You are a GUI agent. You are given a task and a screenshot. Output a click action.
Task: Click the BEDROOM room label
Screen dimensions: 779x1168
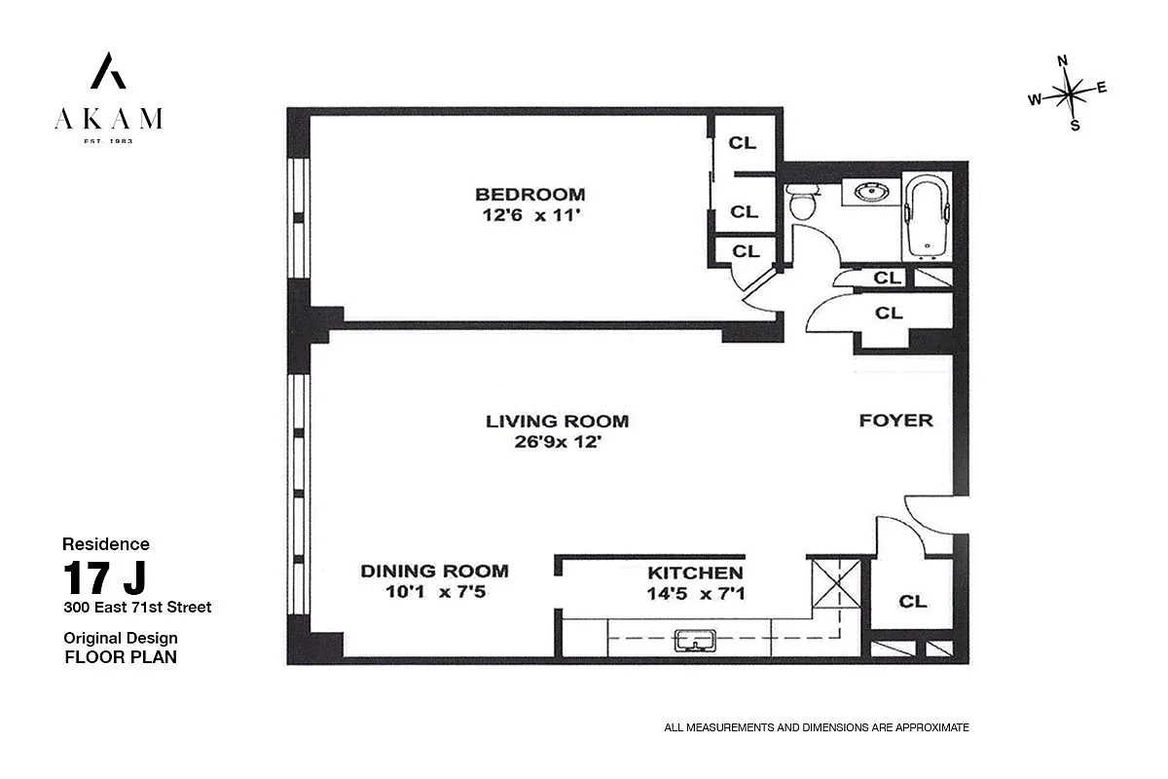pos(530,194)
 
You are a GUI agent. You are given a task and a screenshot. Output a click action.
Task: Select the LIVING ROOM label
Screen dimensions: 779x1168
pos(557,421)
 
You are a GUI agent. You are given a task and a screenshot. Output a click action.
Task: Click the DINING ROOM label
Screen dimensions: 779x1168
pos(434,571)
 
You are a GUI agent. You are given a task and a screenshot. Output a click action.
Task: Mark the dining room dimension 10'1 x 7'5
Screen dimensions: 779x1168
pos(434,591)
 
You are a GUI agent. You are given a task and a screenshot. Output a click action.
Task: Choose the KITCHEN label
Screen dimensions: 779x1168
pos(695,573)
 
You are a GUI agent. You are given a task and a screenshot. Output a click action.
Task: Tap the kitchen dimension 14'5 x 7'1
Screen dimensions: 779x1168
pos(695,592)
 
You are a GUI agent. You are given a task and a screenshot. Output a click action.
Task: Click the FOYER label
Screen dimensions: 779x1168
pos(895,421)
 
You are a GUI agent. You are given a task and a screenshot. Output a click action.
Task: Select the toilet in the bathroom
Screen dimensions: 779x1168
pos(804,203)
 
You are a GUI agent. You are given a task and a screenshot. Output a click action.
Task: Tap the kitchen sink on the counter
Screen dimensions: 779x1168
pos(695,640)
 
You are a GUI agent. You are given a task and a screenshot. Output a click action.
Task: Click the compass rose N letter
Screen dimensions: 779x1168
pos(1063,60)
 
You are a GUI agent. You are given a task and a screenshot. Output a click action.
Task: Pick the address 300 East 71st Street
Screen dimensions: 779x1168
pos(137,608)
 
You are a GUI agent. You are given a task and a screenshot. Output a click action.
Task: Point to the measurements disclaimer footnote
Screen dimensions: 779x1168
pos(816,727)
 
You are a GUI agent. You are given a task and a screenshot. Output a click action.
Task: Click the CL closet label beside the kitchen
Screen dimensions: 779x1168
pos(912,602)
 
